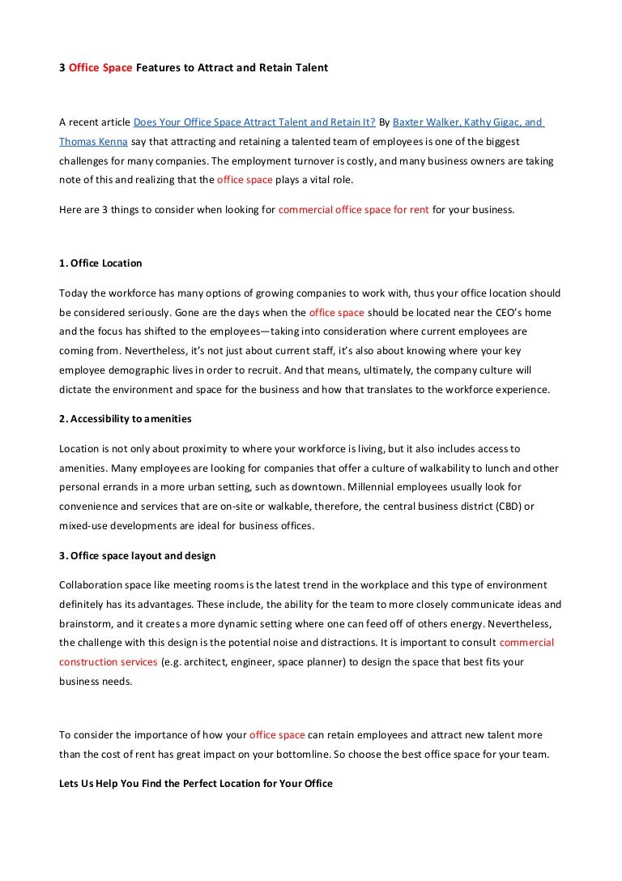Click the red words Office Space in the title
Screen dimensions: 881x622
pos(100,68)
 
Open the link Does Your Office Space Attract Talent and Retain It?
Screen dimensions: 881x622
pos(254,122)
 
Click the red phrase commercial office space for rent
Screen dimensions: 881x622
pos(354,210)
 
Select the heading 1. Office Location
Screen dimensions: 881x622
pos(101,263)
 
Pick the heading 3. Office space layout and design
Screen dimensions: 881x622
pos(138,555)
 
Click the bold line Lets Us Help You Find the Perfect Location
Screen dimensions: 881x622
pos(196,784)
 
